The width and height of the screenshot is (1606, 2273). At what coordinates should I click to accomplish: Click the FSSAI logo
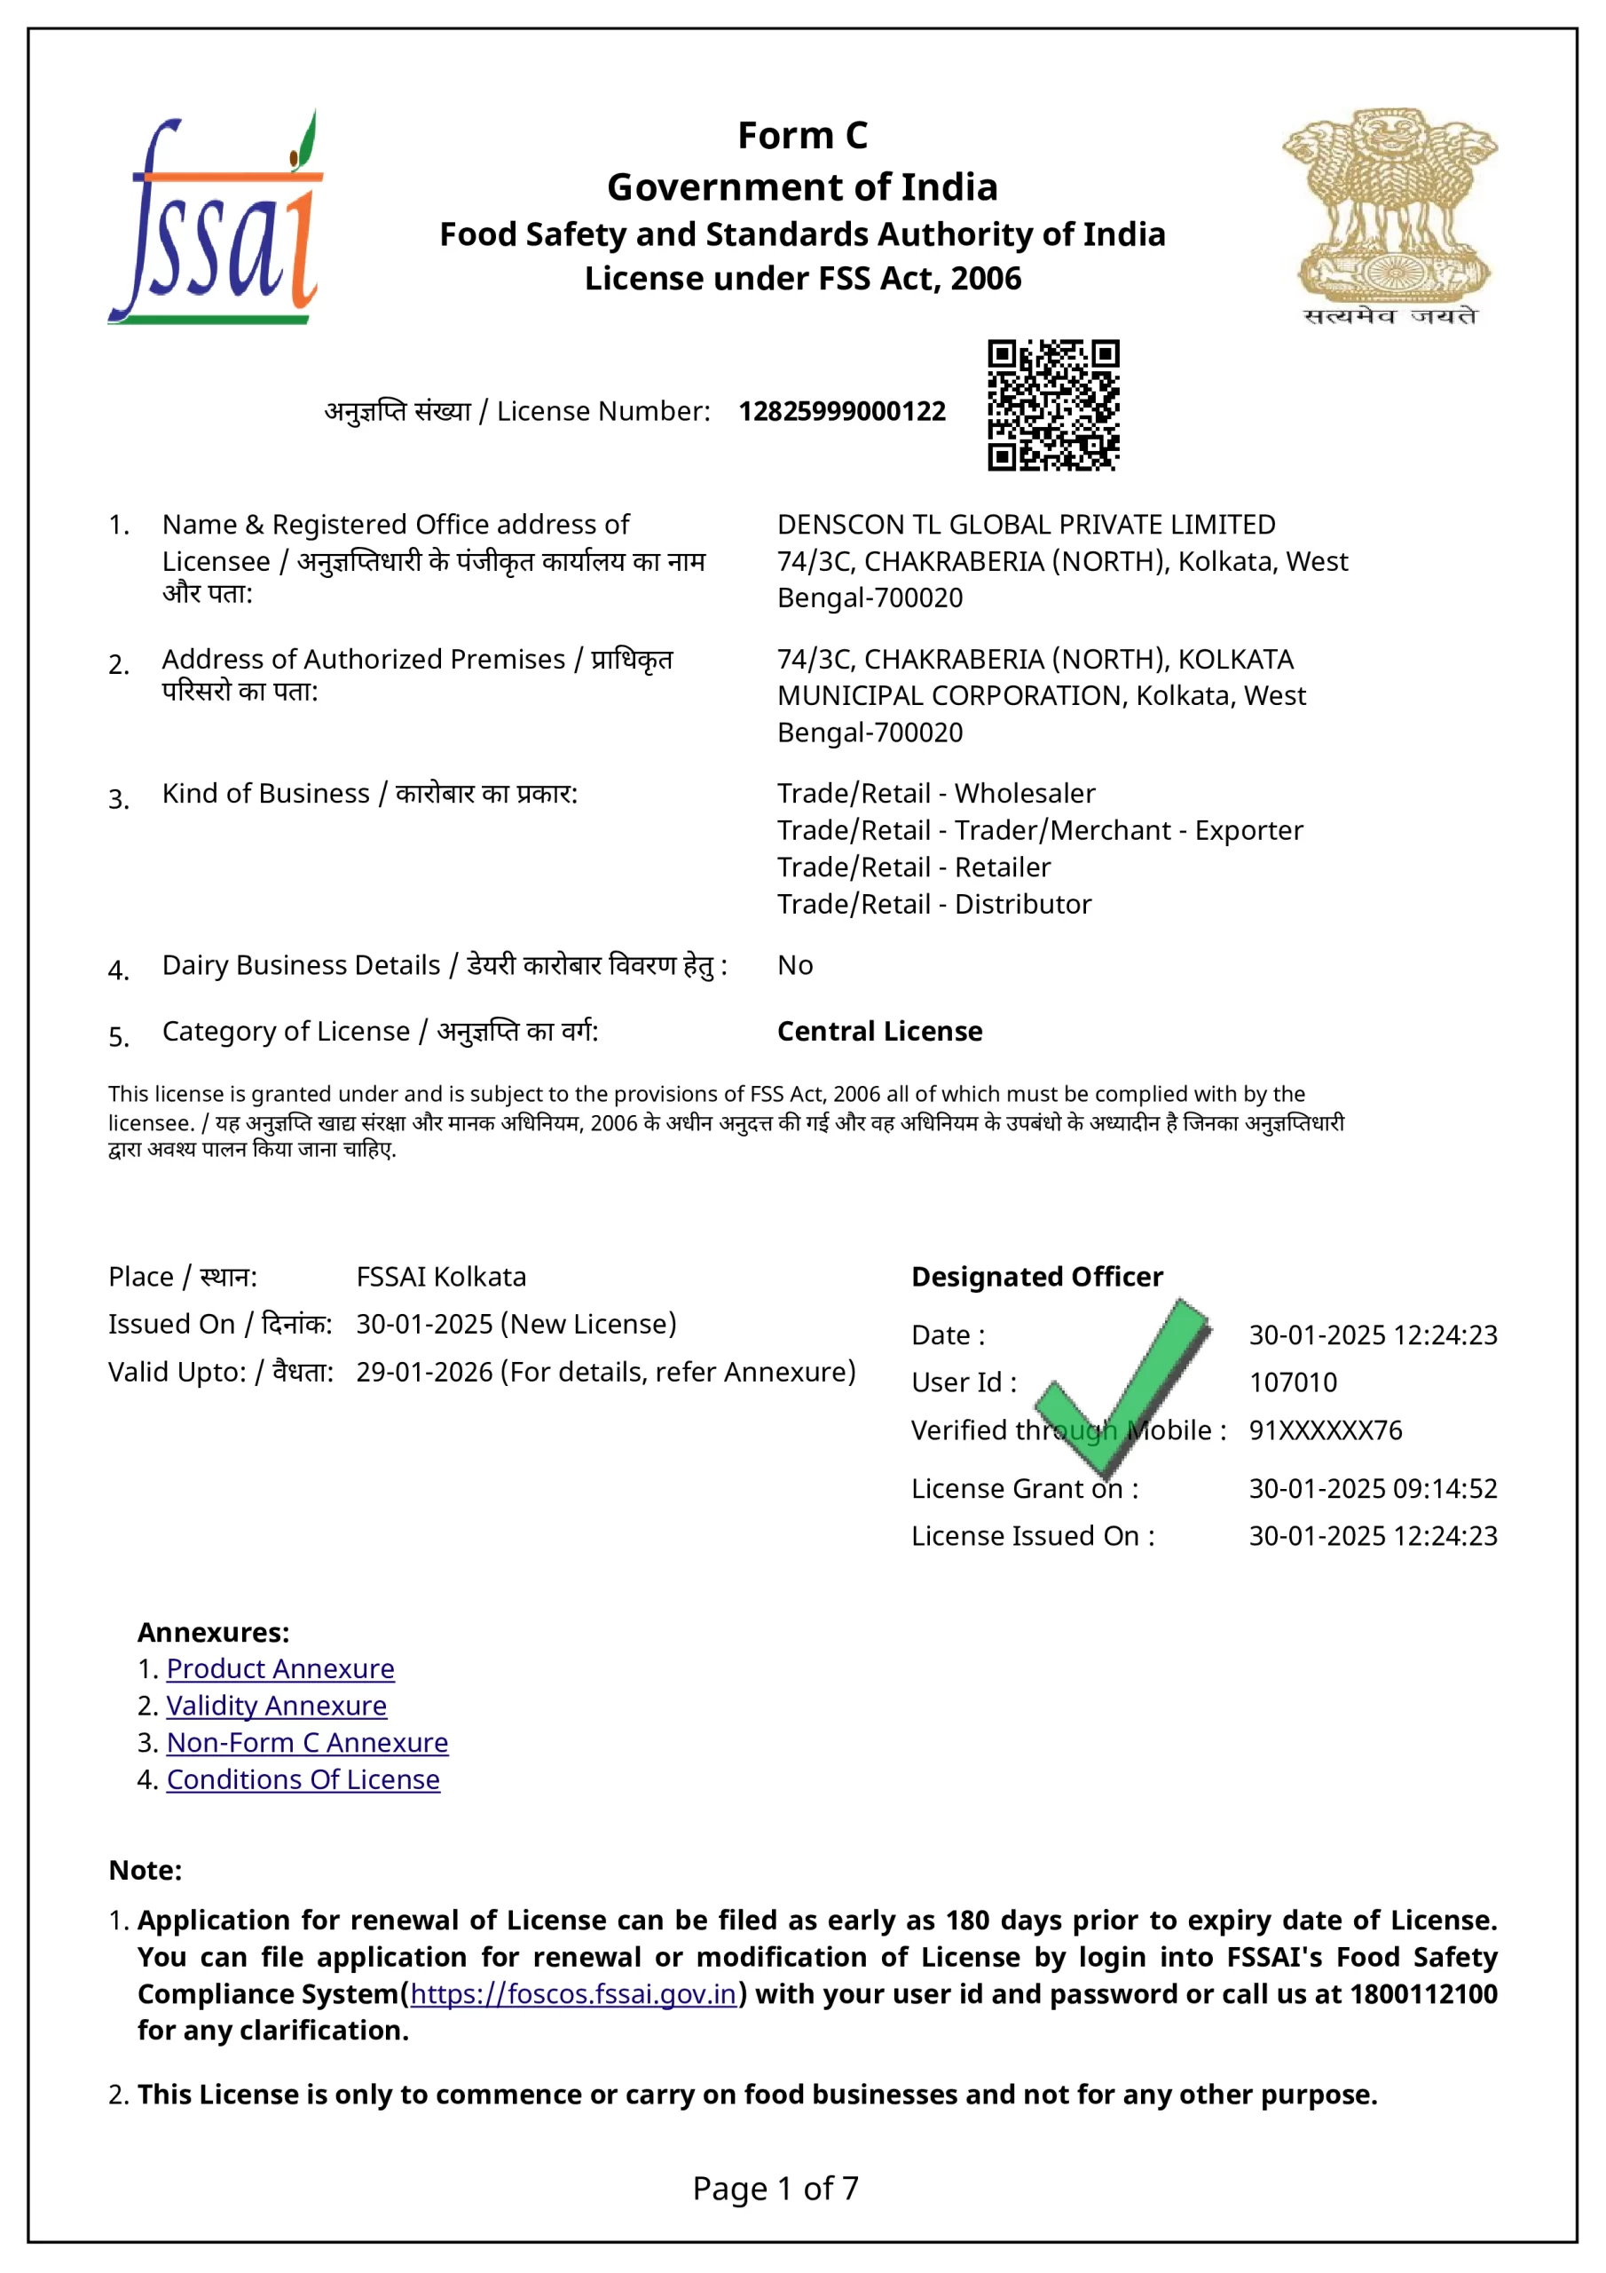[216, 218]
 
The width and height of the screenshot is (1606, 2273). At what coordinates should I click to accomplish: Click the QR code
[1053, 405]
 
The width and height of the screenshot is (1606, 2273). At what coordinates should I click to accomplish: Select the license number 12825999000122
[841, 411]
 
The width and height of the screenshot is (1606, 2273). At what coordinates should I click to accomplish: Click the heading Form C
[802, 136]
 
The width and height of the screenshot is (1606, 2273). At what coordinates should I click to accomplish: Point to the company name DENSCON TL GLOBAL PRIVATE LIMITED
[1026, 524]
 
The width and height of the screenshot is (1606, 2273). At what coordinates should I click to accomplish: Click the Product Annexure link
[280, 1668]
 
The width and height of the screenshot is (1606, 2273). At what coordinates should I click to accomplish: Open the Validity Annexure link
[276, 1705]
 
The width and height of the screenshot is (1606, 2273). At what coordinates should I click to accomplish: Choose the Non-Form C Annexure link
[307, 1742]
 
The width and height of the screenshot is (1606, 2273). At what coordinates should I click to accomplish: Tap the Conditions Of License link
[303, 1779]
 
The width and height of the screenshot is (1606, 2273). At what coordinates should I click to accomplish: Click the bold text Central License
[879, 1031]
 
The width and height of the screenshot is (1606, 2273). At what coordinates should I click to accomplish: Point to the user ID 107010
[1292, 1382]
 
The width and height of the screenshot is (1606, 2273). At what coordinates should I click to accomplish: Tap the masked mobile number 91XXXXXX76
[1325, 1430]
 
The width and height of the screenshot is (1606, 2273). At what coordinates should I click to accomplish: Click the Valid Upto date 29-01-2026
[424, 1371]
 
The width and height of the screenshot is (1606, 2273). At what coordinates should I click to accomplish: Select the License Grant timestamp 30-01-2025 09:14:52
[1373, 1488]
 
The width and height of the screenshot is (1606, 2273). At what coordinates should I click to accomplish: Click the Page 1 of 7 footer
[775, 2188]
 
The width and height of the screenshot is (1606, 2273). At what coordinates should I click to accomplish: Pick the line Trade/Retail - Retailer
[913, 867]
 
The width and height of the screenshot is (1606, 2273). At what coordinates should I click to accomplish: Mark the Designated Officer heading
[1037, 1276]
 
